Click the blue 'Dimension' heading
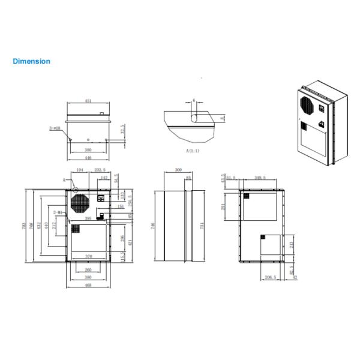pos(31,61)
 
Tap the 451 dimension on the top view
pos(89,101)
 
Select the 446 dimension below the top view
pos(88,157)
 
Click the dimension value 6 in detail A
pos(194,101)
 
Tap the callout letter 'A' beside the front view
pos(63,180)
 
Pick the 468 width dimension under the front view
pos(88,286)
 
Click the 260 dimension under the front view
pos(88,269)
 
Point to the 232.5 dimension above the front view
pos(101,170)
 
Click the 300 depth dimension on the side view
pos(178,170)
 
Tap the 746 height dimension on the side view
pos(153,225)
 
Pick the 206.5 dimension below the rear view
pos(270,278)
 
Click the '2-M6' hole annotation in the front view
pos(58,212)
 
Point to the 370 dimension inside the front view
pos(88,256)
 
